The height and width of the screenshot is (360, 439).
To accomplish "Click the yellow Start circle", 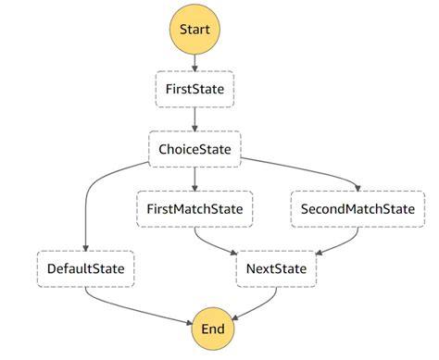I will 194,30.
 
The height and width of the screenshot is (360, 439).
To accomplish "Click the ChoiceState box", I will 194,147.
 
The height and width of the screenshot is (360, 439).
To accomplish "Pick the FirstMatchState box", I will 194,208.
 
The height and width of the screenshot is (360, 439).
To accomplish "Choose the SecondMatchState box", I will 357,208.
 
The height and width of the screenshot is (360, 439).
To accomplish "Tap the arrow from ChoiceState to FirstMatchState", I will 194,177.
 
